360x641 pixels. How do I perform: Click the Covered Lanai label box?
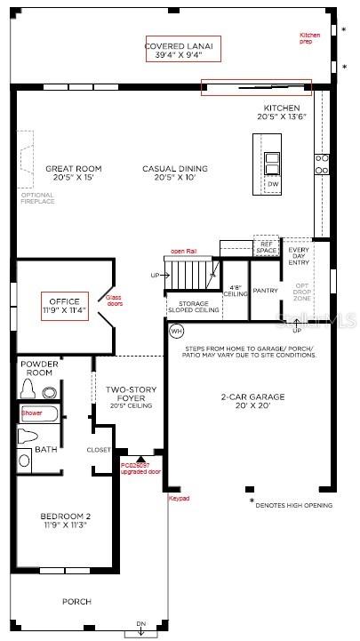coord(184,50)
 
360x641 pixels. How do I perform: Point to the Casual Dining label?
coord(175,172)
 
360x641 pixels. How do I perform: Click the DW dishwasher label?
coord(273,185)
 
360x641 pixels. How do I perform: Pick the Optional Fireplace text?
coord(37,197)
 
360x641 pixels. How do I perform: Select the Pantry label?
coord(266,291)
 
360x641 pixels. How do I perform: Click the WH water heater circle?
coord(176,331)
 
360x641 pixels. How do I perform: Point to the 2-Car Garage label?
coord(251,401)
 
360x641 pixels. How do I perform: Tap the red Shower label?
coord(32,413)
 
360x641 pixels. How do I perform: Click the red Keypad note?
coord(179,498)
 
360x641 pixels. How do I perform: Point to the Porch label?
coord(76,602)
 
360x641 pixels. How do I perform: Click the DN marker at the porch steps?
coord(140,623)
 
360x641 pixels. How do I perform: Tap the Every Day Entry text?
coord(299,255)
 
